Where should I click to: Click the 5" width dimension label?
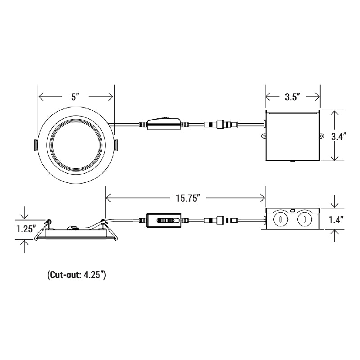pos(75,97)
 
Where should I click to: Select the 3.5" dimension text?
pos(292,97)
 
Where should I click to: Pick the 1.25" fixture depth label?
pos(26,228)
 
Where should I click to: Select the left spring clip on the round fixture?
pos(36,145)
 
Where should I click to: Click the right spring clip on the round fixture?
pos(116,145)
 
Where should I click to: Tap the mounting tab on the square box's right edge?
pos(321,136)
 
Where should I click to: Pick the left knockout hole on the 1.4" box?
pos(279,220)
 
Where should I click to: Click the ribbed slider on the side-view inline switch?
pos(167,220)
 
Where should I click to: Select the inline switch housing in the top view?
pos(164,123)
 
